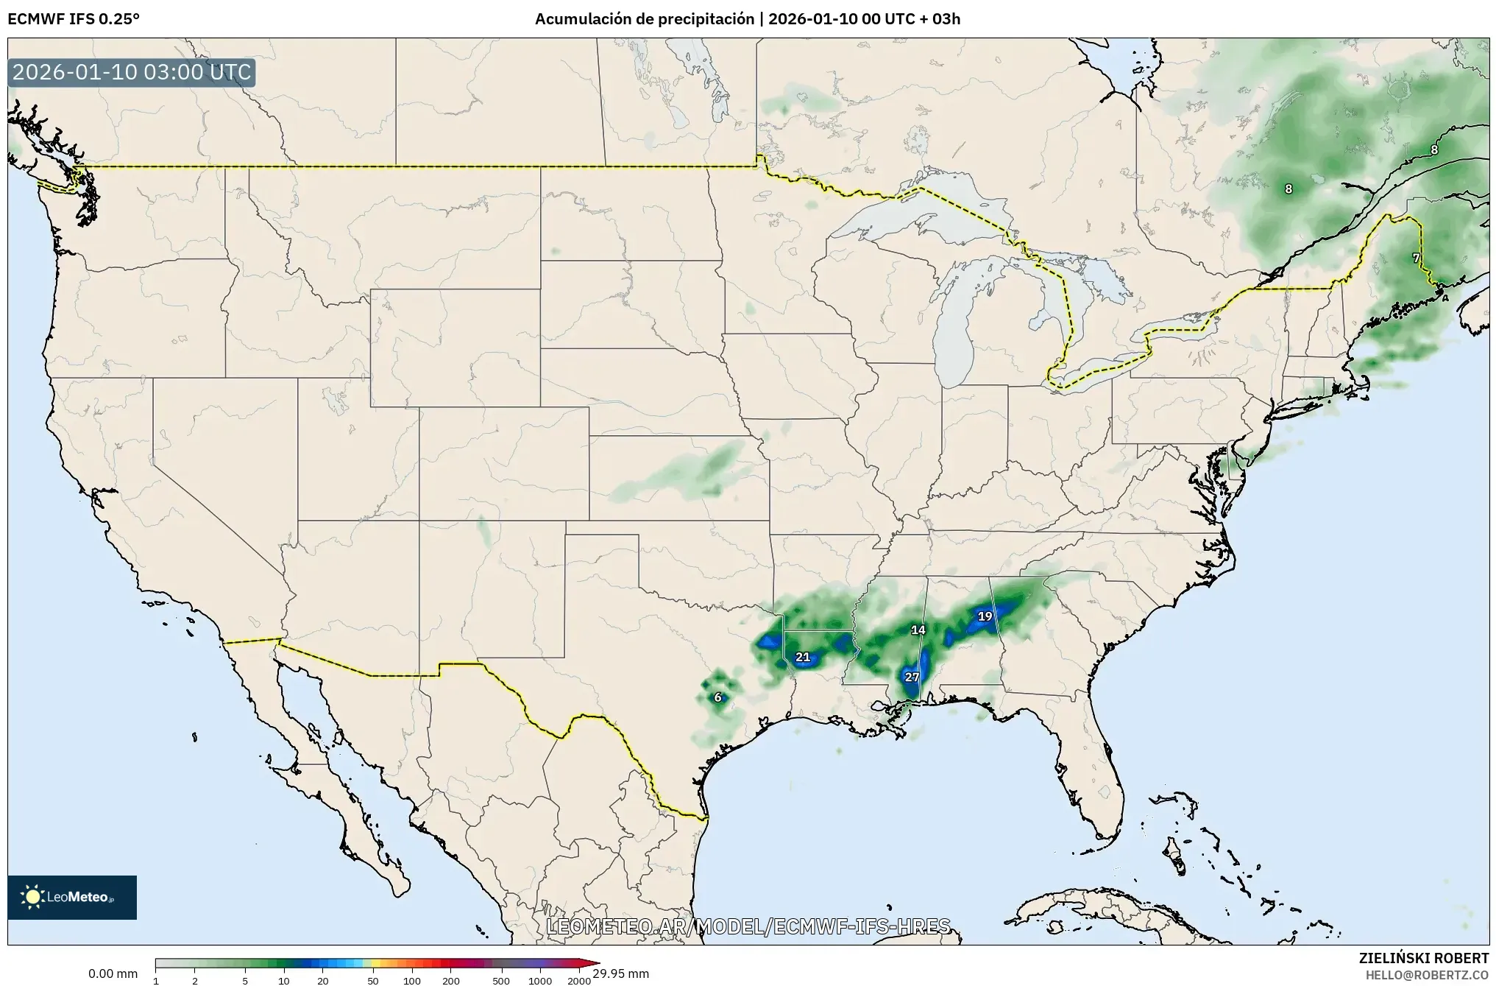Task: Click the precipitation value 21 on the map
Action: (803, 657)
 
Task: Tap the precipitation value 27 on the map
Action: (912, 677)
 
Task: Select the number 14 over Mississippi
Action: (918, 630)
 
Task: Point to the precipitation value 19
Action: (985, 616)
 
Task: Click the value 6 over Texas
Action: (718, 697)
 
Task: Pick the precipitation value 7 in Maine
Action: (1416, 258)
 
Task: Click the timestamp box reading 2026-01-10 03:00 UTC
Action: (132, 73)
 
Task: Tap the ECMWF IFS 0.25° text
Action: (74, 19)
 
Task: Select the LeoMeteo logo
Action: (72, 897)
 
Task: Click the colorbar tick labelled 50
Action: (373, 980)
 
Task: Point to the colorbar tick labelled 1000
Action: (540, 980)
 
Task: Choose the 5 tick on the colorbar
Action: (245, 980)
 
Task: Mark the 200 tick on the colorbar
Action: (451, 980)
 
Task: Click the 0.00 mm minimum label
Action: (113, 973)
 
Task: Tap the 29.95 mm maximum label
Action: (621, 973)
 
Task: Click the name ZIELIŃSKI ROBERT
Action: (1423, 958)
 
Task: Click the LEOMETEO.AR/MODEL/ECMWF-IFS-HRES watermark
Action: (748, 926)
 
